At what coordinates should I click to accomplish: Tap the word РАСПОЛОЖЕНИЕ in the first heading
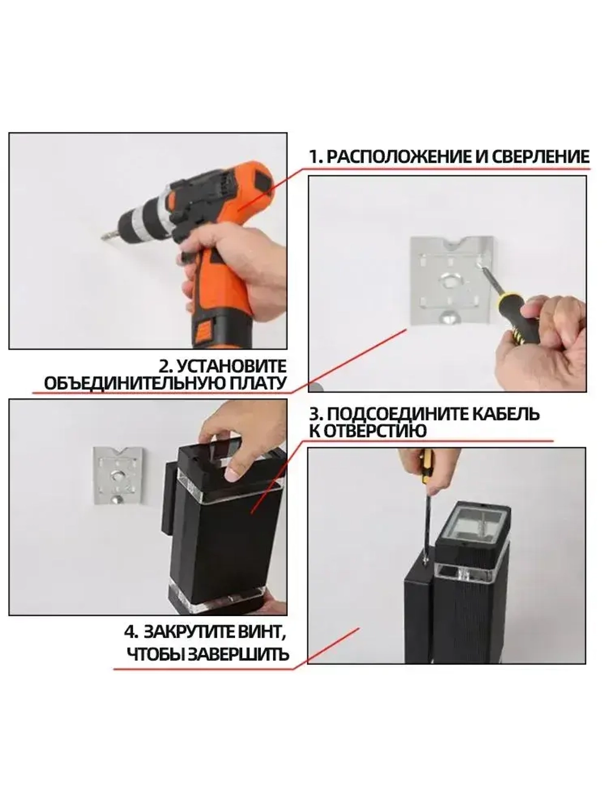(x=399, y=157)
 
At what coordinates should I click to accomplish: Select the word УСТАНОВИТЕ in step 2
(x=231, y=367)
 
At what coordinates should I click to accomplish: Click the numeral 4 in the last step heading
(x=129, y=632)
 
